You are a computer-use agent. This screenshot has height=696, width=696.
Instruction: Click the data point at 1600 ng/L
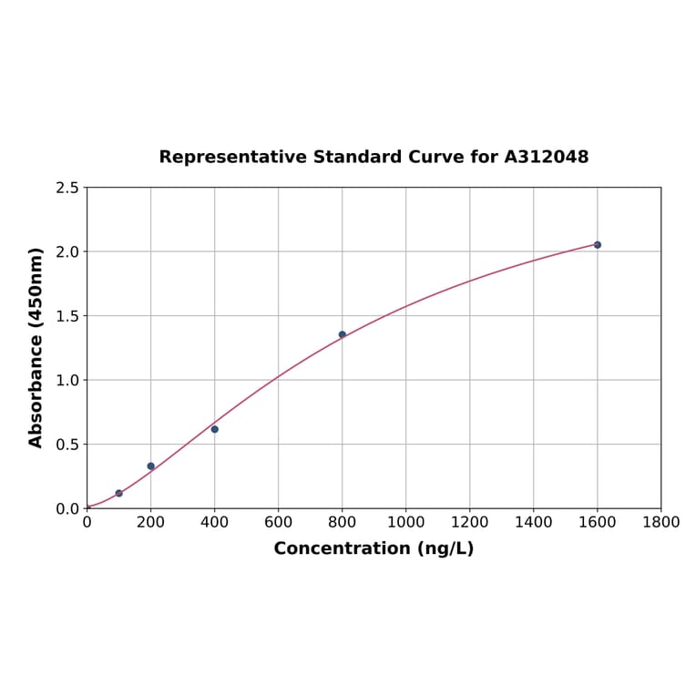[598, 245]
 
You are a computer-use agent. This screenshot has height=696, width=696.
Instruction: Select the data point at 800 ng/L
[343, 334]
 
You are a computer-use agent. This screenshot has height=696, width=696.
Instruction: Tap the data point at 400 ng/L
[215, 429]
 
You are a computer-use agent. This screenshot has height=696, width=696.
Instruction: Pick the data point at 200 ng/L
[151, 466]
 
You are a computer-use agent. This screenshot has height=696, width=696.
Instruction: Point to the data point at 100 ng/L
[119, 493]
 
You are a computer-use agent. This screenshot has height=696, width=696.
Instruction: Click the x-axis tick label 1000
[406, 522]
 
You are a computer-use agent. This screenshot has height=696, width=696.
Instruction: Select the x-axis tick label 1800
[661, 522]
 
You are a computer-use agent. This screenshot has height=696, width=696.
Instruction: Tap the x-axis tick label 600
[279, 522]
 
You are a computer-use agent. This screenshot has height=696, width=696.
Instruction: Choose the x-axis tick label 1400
[534, 522]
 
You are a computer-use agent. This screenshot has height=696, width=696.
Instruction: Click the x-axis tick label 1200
[470, 522]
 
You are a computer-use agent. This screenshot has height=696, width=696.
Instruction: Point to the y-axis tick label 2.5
[67, 188]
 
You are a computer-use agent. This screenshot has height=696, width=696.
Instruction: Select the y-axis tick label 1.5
[67, 316]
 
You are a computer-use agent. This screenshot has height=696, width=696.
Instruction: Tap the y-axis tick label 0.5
[67, 445]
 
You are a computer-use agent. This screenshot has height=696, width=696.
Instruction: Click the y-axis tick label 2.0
[67, 251]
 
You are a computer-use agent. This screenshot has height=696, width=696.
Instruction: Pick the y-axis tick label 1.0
[67, 380]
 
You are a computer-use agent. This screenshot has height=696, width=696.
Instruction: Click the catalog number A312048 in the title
[547, 157]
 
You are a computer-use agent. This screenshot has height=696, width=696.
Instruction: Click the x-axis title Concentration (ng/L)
[374, 548]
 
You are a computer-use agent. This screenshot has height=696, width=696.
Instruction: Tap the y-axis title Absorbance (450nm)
[36, 347]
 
